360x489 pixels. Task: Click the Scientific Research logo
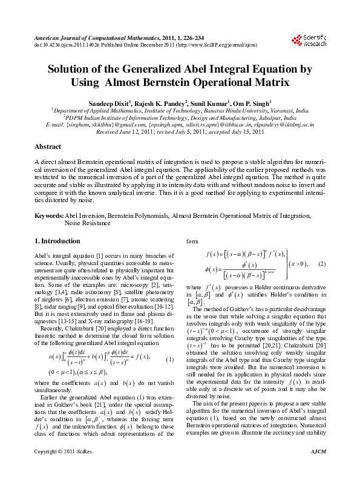[309, 40]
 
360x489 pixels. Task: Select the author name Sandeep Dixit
[107, 103]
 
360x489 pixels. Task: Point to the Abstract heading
[48, 147]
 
